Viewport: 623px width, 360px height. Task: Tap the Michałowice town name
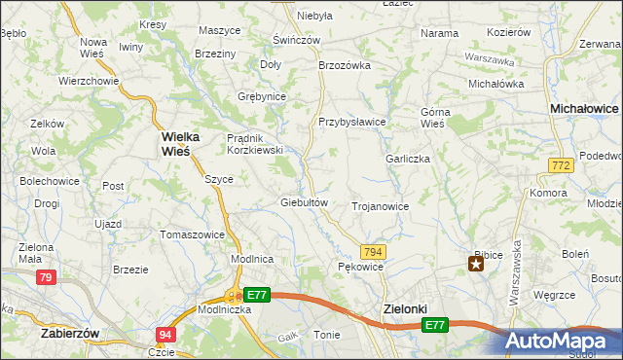584,109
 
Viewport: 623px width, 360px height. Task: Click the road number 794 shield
373,251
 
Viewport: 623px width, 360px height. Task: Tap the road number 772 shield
560,167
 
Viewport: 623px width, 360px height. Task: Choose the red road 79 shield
45,278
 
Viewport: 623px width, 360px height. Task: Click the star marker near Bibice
476,264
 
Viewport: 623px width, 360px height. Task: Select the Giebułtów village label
308,202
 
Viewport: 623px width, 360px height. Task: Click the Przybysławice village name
352,122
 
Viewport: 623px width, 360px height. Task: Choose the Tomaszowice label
192,234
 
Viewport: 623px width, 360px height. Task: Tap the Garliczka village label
408,159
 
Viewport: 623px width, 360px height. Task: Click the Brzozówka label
346,65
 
